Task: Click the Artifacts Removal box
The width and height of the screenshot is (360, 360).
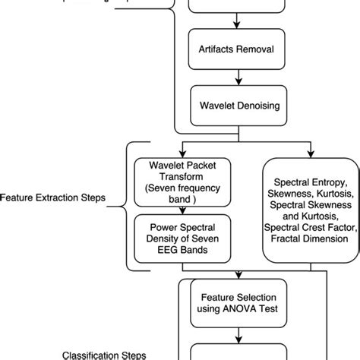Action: click(238, 51)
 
